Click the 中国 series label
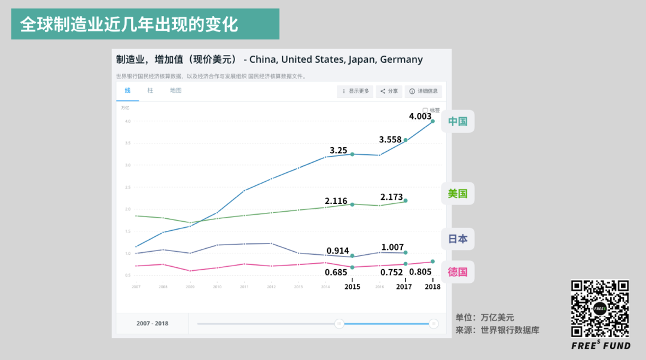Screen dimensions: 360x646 (x=458, y=121)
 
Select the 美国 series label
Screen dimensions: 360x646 (x=458, y=194)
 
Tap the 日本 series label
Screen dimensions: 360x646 (x=458, y=239)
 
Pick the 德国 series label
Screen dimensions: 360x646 (x=458, y=272)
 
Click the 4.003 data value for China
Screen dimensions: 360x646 (x=420, y=117)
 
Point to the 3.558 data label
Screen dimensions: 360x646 (x=391, y=140)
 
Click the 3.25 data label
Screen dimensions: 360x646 (x=339, y=150)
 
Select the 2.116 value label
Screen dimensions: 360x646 (x=336, y=201)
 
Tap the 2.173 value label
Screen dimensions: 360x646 (x=392, y=197)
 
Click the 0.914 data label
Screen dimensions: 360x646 (x=338, y=251)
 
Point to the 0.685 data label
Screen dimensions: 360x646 (x=336, y=273)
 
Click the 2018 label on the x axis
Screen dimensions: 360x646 (x=432, y=287)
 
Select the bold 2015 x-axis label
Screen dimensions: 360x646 (x=352, y=287)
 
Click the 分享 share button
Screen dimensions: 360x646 (x=389, y=91)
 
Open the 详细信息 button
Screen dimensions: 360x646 (x=423, y=91)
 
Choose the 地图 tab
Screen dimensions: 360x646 (x=175, y=91)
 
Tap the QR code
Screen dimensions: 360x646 (x=600, y=308)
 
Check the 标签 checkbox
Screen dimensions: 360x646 (x=425, y=111)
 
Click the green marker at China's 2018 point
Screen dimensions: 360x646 (x=432, y=121)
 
